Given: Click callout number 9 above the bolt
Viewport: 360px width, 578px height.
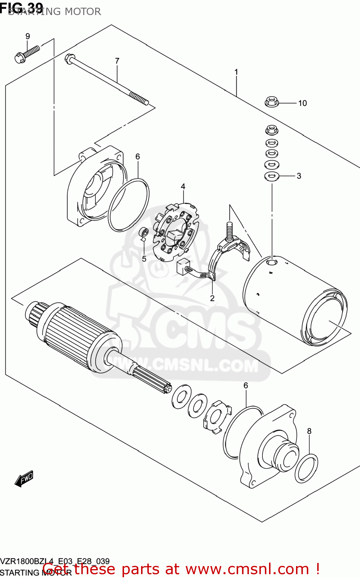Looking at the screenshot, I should coord(28,36).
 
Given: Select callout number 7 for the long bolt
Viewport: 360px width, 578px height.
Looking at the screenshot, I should coord(117,61).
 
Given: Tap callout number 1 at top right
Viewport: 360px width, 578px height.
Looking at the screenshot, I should coord(236,72).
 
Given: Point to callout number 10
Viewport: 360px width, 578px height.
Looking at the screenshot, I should coord(302,103).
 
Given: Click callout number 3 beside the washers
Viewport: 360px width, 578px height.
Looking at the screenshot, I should coord(299,176).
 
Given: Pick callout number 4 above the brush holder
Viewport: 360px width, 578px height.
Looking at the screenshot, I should coord(183,187).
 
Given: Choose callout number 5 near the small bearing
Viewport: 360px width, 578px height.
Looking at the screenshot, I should coord(144,259).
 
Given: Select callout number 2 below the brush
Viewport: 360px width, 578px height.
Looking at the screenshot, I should coord(212,298).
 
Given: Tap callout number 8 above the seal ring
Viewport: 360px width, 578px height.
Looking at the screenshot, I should coord(309,431).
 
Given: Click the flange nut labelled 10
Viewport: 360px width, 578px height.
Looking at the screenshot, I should coord(272,102).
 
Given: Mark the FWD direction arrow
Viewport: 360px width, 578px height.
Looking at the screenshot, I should coord(24,478).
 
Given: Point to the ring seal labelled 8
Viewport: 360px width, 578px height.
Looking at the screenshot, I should coord(306,468).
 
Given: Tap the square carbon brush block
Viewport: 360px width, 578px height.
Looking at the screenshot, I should coord(182,266).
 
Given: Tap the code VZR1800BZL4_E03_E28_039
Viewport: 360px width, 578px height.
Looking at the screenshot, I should coord(55,561).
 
